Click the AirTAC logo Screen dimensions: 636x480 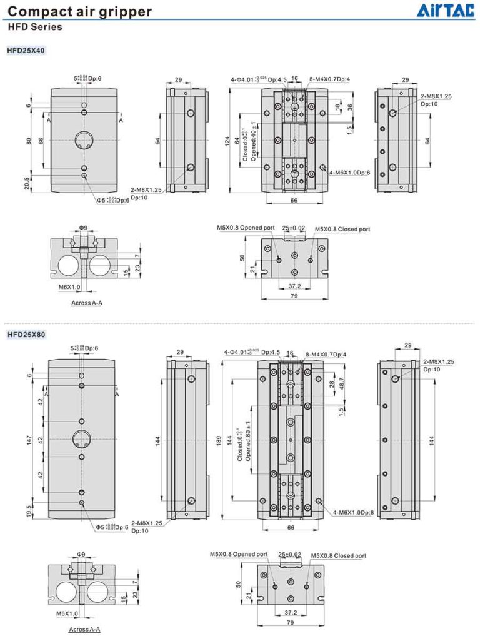pos(448,11)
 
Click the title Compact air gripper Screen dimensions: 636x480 pos(79,11)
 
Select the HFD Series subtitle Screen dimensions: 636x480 pos(35,27)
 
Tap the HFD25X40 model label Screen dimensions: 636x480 pos(26,50)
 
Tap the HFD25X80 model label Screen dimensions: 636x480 pos(26,335)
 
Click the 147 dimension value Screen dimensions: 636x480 pos(29,440)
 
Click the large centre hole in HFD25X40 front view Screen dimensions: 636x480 pos(84,141)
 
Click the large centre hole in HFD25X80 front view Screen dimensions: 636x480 pos(82,439)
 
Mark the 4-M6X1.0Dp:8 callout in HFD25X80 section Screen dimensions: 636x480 pos(353,513)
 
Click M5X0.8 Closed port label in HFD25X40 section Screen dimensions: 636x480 pos(342,230)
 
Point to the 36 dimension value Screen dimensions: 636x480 pos(351,107)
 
